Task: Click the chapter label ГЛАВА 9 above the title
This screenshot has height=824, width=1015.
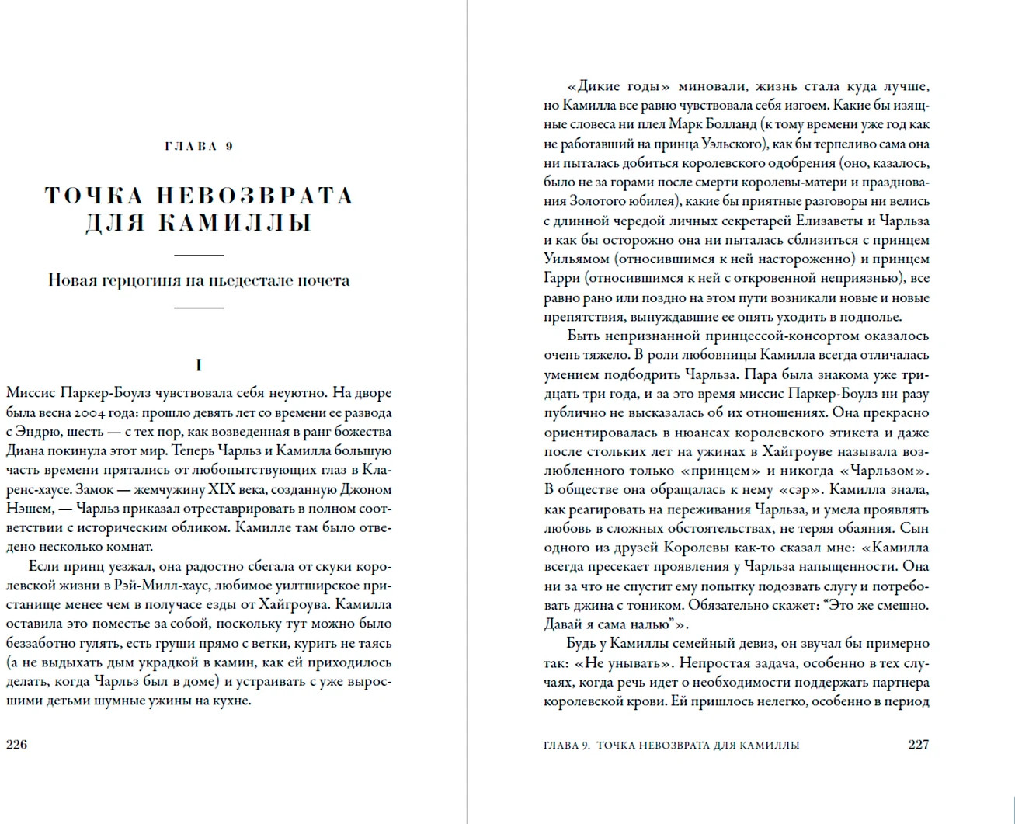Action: (x=199, y=146)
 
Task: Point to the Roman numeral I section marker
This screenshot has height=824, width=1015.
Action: (x=199, y=365)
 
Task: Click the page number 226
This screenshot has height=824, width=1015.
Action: (x=16, y=744)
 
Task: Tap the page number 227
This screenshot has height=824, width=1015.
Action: (x=918, y=744)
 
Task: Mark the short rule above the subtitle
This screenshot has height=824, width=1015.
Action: (x=199, y=255)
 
